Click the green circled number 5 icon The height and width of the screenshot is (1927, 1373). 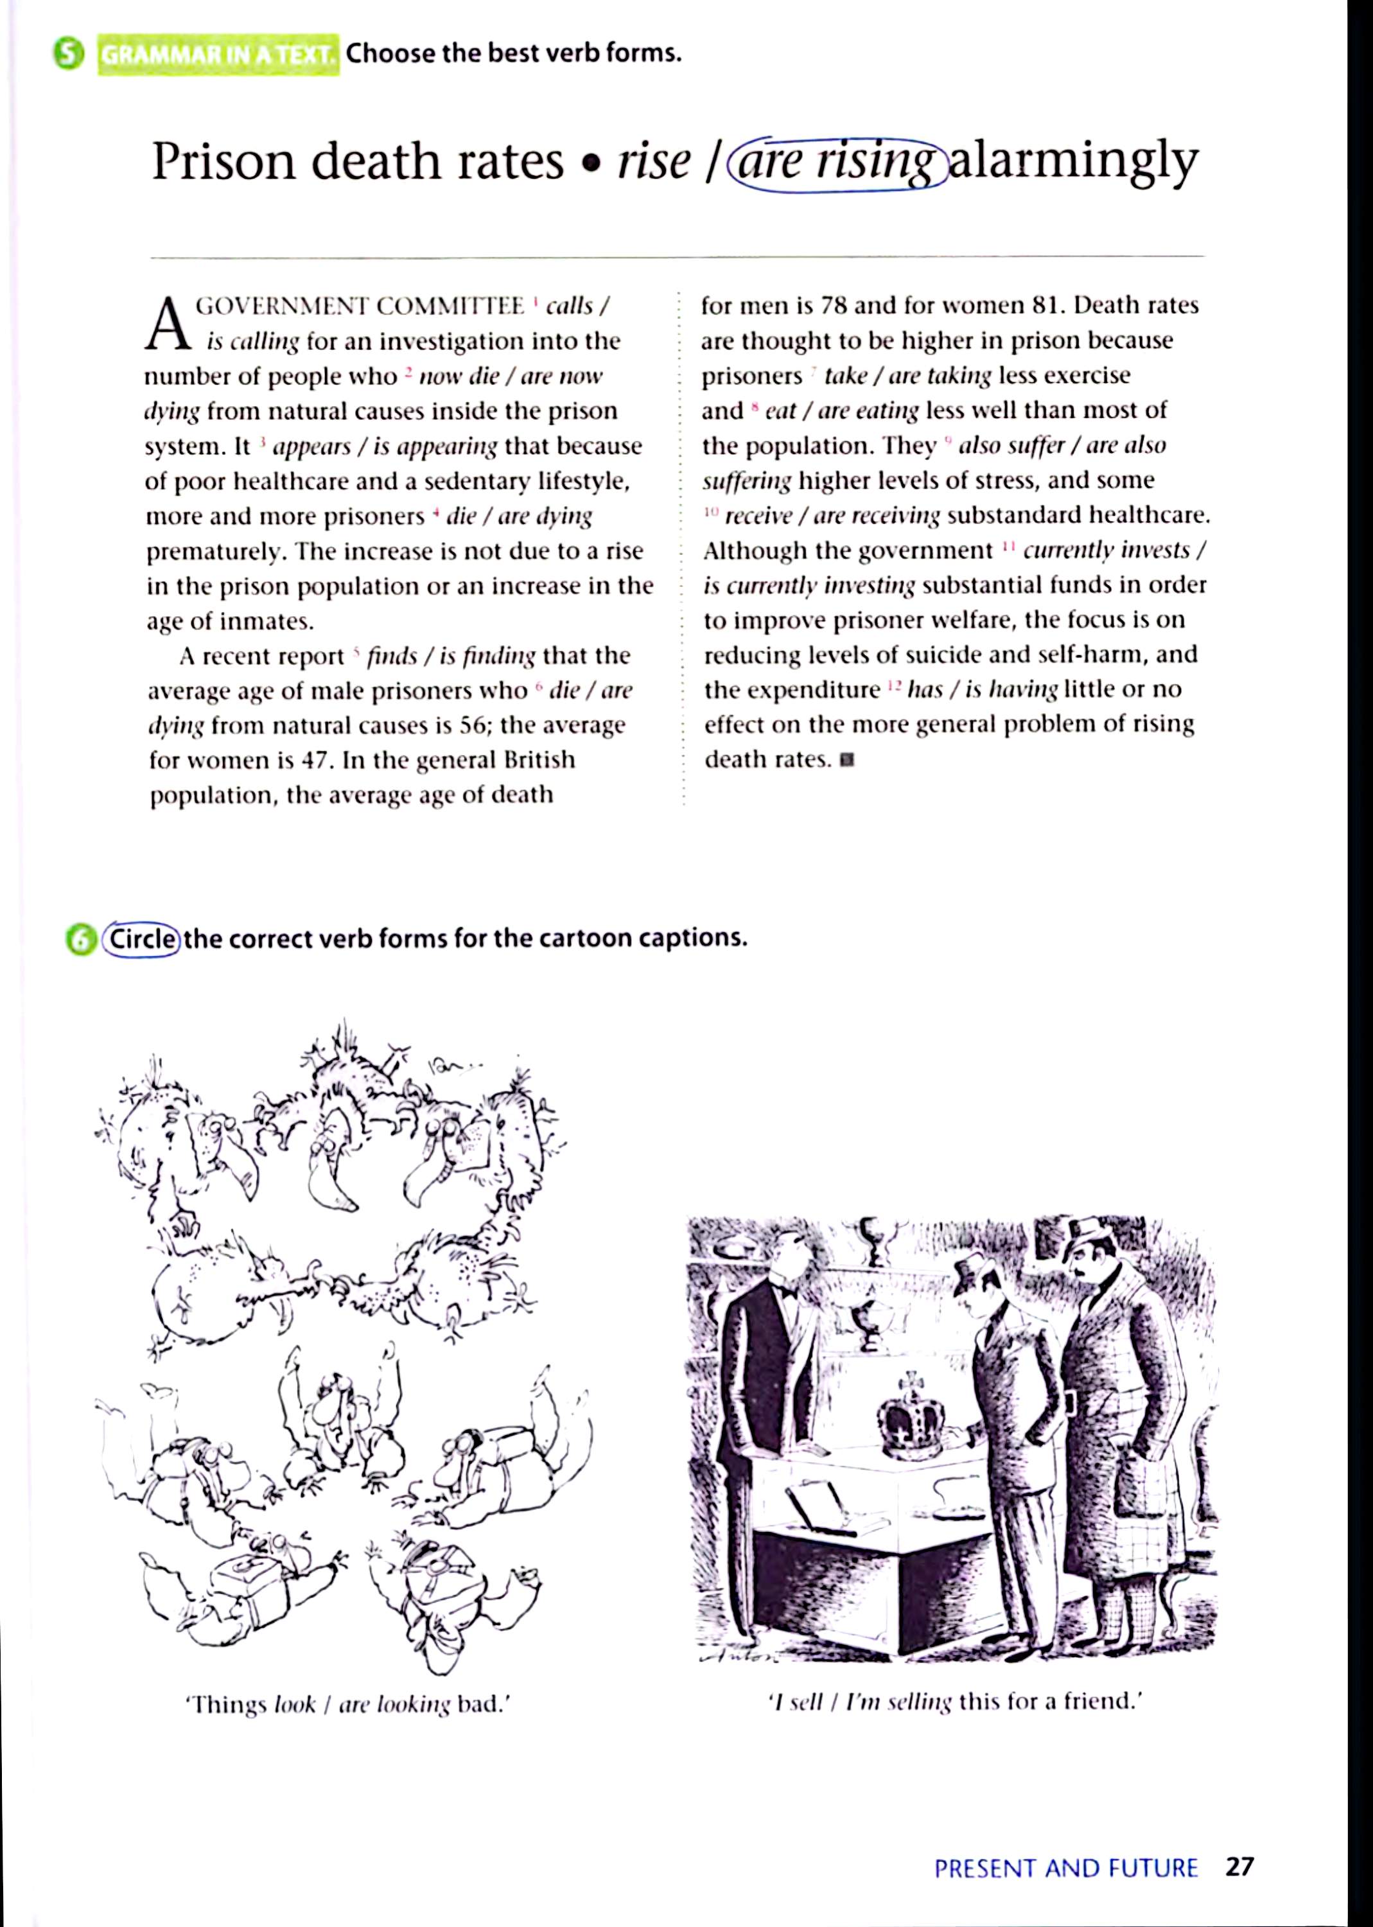(x=69, y=55)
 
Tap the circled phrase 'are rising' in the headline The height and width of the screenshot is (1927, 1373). (x=837, y=161)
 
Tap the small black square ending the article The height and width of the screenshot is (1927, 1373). (x=848, y=760)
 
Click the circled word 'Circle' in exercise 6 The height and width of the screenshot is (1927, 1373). (x=141, y=939)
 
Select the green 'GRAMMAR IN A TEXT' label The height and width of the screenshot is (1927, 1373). (x=218, y=56)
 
